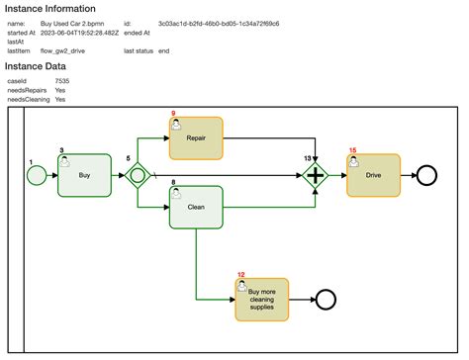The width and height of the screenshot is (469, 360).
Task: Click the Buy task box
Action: [83, 175]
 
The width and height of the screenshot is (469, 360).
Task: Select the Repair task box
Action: [196, 137]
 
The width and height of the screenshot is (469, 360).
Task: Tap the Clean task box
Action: [196, 207]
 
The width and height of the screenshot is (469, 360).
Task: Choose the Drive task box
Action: [373, 175]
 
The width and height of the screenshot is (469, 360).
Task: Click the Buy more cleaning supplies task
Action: [262, 298]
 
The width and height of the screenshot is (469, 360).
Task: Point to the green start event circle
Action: [37, 175]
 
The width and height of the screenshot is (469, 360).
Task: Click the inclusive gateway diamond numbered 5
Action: [138, 175]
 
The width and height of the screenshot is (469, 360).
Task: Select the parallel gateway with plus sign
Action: [316, 175]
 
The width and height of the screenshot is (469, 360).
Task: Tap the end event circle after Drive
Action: [427, 175]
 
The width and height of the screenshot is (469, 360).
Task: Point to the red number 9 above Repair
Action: [173, 114]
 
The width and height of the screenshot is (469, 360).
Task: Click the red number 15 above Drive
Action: [353, 150]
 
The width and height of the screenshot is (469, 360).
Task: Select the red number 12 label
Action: [241, 274]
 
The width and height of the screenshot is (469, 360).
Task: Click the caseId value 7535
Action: [61, 81]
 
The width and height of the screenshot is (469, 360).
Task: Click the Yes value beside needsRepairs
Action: [60, 90]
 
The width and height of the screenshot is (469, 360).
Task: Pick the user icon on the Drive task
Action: [354, 161]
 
